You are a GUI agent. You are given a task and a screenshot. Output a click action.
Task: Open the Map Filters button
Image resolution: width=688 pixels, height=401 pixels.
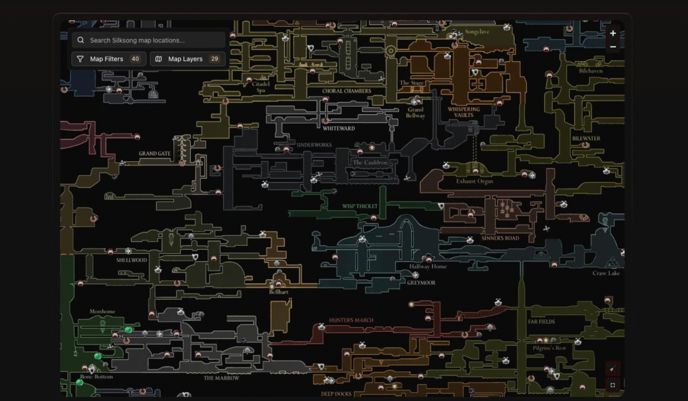pyautogui.click(x=108, y=59)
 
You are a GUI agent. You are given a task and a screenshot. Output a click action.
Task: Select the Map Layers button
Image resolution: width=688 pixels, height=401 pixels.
pyautogui.click(x=187, y=59)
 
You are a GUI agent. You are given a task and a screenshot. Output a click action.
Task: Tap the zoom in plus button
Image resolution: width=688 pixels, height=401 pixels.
pyautogui.click(x=613, y=34)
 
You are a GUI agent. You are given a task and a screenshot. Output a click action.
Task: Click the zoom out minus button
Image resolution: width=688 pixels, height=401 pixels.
pyautogui.click(x=613, y=46)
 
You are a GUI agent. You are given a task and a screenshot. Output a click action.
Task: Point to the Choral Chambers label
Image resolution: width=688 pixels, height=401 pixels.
pyautogui.click(x=347, y=91)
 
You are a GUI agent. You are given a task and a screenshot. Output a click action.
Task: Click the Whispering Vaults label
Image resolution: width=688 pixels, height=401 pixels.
pyautogui.click(x=464, y=112)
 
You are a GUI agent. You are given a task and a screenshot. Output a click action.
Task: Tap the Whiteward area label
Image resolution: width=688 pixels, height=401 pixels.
pyautogui.click(x=339, y=128)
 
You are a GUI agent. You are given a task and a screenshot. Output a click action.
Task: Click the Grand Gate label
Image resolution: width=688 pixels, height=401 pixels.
pyautogui.click(x=155, y=154)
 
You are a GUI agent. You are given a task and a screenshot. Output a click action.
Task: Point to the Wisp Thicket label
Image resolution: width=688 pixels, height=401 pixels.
pyautogui.click(x=360, y=207)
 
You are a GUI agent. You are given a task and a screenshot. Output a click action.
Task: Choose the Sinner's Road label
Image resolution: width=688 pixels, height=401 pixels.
pyautogui.click(x=501, y=238)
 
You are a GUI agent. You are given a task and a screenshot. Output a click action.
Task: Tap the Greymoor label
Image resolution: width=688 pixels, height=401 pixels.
pyautogui.click(x=421, y=283)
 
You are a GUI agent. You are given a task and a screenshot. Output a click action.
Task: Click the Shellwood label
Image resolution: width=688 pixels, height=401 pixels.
pyautogui.click(x=132, y=260)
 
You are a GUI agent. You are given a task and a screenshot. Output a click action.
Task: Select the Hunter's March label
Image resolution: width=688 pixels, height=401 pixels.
pyautogui.click(x=351, y=320)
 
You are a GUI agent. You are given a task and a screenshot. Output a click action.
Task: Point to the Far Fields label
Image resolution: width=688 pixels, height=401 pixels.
pyautogui.click(x=542, y=322)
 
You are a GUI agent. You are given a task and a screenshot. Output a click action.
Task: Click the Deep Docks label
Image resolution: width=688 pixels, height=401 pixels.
pyautogui.click(x=337, y=394)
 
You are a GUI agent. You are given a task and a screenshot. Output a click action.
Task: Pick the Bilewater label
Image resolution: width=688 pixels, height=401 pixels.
pyautogui.click(x=586, y=139)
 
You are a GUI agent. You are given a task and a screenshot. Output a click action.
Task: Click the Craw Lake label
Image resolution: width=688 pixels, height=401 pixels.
pyautogui.click(x=606, y=273)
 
